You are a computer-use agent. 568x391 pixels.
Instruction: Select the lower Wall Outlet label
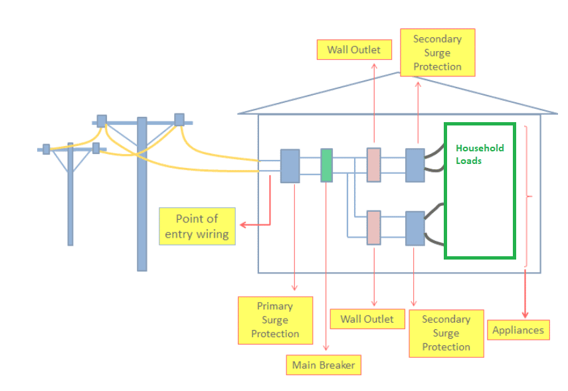click(367, 319)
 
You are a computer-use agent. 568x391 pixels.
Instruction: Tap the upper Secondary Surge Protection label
click(437, 52)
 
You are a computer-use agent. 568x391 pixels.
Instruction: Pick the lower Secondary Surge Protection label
click(446, 333)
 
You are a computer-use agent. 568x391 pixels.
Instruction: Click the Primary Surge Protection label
click(275, 320)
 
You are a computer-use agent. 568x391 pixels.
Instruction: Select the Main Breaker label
click(324, 365)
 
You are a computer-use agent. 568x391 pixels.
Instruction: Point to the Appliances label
click(518, 330)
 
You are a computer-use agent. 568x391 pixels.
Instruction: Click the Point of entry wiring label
click(197, 226)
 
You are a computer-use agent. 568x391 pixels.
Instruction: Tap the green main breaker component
click(326, 165)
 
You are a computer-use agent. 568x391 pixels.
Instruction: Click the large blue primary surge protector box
click(290, 166)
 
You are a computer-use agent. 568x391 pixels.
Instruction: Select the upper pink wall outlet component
click(373, 164)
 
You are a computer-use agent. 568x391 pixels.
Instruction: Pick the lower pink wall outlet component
click(373, 228)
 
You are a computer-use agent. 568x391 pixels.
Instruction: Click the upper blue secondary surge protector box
click(415, 165)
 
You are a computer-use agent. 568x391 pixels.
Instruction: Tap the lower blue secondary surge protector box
click(415, 228)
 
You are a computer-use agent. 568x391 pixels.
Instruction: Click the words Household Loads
click(479, 154)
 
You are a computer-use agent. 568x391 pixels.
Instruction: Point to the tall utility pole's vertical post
click(142, 199)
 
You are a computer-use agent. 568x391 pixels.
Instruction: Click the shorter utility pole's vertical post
click(70, 199)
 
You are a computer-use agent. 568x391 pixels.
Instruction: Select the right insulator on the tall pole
click(179, 119)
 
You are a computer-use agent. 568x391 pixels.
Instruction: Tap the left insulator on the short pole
click(46, 149)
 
